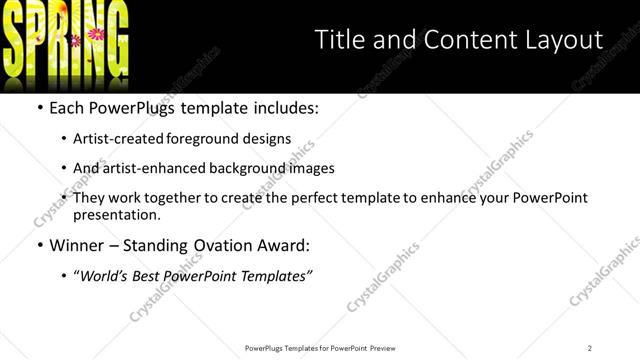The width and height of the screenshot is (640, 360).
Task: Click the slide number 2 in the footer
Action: [590, 348]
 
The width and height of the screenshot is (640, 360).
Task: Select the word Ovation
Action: [219, 245]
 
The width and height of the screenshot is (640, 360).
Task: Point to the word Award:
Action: [283, 245]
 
